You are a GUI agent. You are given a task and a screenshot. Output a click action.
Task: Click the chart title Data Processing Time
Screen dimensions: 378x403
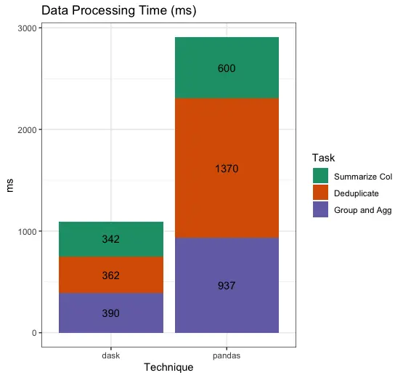pos(119,11)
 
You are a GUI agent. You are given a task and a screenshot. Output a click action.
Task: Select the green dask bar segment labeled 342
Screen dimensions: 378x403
pos(111,239)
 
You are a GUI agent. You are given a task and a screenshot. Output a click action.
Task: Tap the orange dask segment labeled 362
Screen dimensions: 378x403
pos(111,276)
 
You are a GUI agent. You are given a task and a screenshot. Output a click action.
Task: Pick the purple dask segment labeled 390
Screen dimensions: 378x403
pos(111,313)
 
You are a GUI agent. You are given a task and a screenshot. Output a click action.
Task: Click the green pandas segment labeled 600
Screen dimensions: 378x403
pos(227,68)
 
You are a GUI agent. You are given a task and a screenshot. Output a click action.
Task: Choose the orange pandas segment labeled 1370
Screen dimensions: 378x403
pos(227,169)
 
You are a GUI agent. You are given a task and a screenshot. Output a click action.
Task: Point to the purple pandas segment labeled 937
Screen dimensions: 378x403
pos(227,286)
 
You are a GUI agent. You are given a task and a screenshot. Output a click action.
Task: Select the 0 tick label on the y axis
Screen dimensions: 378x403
pos(32,333)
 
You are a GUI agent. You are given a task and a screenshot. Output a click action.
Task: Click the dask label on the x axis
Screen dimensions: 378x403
pos(111,356)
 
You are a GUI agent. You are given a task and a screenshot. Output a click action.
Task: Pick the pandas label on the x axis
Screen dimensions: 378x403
pos(227,356)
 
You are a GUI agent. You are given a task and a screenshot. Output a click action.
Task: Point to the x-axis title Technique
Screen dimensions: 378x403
pos(168,368)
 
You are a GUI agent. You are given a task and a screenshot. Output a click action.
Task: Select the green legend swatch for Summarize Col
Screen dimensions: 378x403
pos(320,176)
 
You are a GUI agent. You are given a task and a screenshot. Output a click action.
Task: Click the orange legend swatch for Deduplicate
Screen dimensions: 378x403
pos(320,193)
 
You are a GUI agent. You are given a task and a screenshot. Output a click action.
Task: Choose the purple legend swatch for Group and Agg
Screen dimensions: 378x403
pos(320,209)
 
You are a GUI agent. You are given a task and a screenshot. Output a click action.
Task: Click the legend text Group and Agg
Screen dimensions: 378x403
pos(362,209)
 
